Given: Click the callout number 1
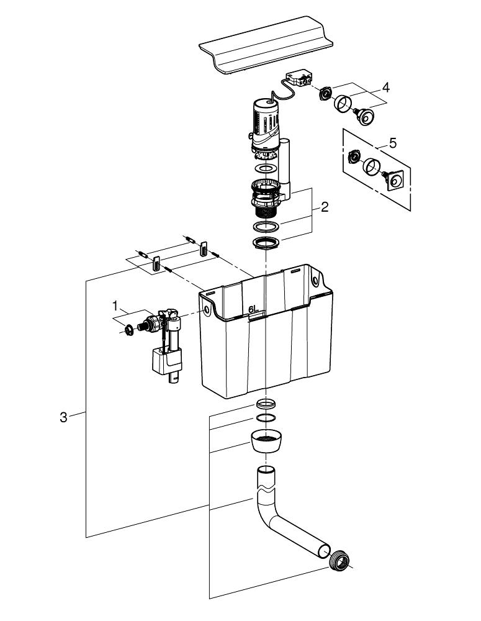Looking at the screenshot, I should (x=115, y=305).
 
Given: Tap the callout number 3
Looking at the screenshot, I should (x=63, y=417).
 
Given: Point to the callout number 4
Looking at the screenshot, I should (x=385, y=88).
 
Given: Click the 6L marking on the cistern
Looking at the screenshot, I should (x=253, y=309).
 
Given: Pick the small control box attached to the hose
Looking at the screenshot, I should (x=297, y=79).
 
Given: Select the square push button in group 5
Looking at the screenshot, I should (x=395, y=181).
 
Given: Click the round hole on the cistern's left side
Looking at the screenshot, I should (x=202, y=307).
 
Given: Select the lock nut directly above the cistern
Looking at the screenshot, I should (x=266, y=242).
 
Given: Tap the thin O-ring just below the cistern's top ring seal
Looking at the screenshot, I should (x=265, y=417).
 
